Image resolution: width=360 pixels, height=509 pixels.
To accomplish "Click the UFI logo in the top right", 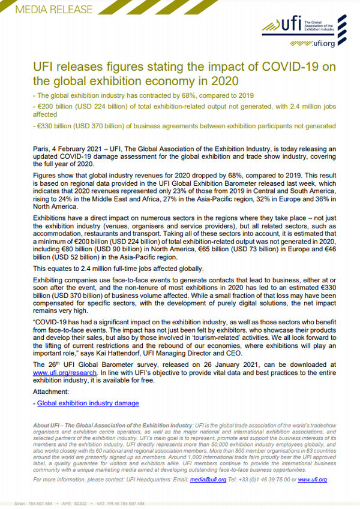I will click(x=292, y=25).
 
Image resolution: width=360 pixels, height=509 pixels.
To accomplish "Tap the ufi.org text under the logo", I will click(x=322, y=43).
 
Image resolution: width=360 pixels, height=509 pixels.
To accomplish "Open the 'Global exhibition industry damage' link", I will click(x=88, y=403).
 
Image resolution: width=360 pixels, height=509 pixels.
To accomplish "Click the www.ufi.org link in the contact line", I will click(x=312, y=480).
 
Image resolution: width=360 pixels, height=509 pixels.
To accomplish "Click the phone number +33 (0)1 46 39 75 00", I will click(x=270, y=480).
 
